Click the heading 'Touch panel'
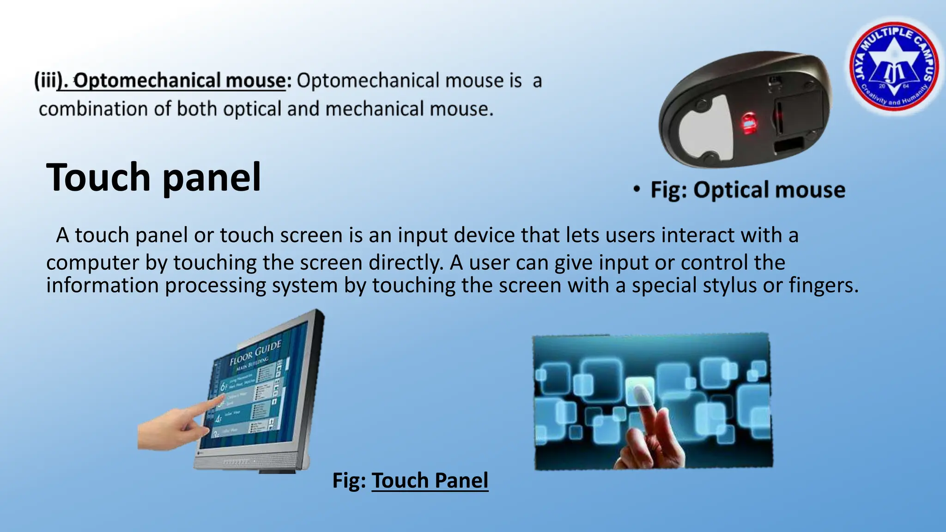(154, 177)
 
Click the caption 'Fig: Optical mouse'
(747, 190)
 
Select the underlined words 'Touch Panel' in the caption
(430, 480)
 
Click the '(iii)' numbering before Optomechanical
(48, 81)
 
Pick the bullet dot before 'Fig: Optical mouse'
(637, 189)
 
